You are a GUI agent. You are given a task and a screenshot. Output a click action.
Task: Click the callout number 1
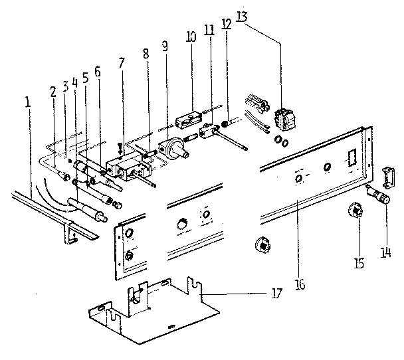[27, 103]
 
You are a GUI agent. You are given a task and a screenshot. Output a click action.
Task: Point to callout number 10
[191, 36]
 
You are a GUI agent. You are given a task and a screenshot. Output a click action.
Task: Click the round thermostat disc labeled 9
[175, 147]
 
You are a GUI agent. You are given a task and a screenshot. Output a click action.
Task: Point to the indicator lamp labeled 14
[381, 197]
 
